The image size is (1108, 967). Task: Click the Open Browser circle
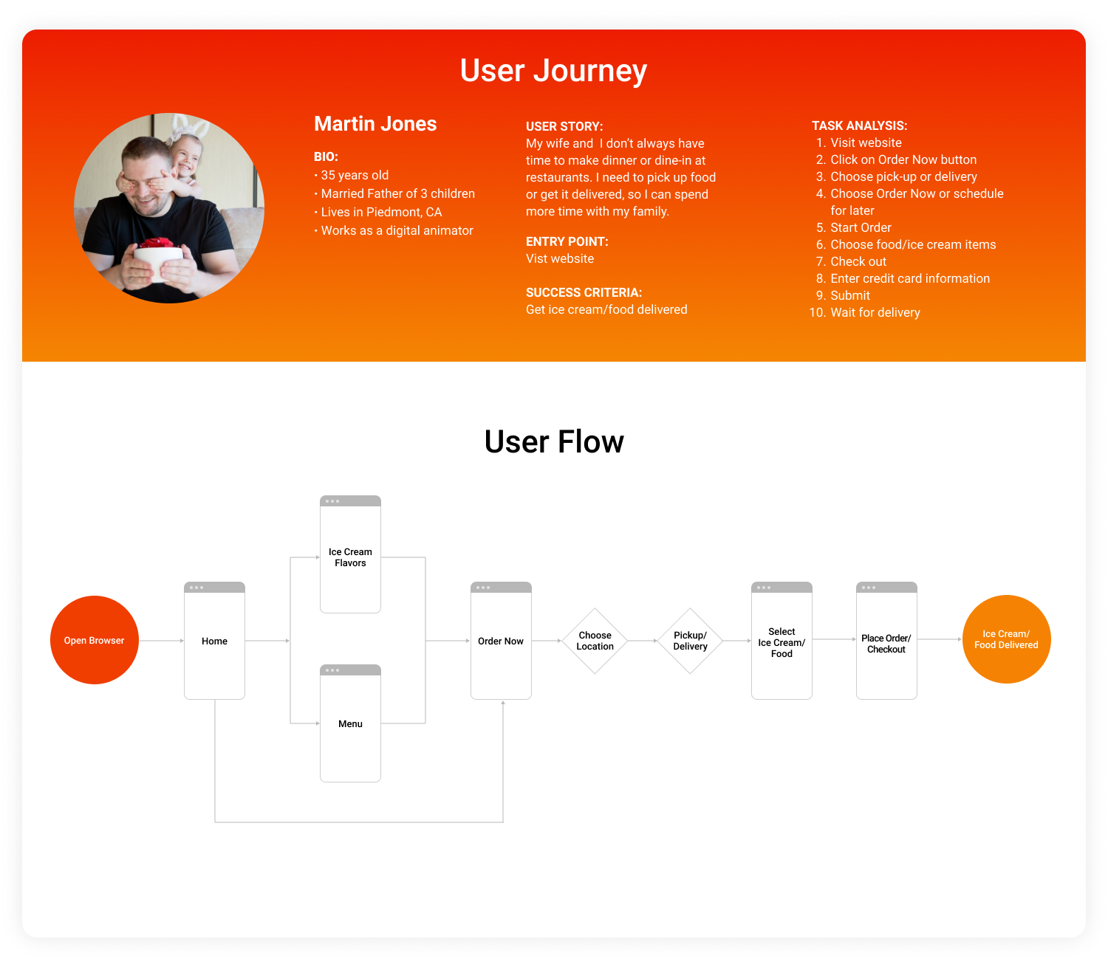(x=95, y=640)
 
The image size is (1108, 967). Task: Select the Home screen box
(x=214, y=641)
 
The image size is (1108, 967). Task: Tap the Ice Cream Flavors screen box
(x=350, y=557)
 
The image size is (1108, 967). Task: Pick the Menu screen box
(x=350, y=723)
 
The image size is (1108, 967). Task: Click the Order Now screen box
(x=501, y=641)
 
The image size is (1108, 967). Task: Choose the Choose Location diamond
(x=595, y=641)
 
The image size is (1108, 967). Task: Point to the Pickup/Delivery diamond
(x=690, y=641)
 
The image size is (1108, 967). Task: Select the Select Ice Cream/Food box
(x=782, y=642)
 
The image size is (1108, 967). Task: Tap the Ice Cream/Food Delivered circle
(x=1006, y=639)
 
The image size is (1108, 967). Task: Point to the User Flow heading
(x=554, y=442)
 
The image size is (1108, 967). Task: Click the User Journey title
(x=553, y=71)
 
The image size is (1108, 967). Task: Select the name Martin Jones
(x=375, y=124)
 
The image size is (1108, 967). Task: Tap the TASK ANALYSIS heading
(x=859, y=125)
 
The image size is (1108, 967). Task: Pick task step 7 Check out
(x=858, y=261)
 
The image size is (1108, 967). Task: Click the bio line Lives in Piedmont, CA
(x=381, y=212)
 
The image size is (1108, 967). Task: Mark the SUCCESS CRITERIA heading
(x=584, y=292)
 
